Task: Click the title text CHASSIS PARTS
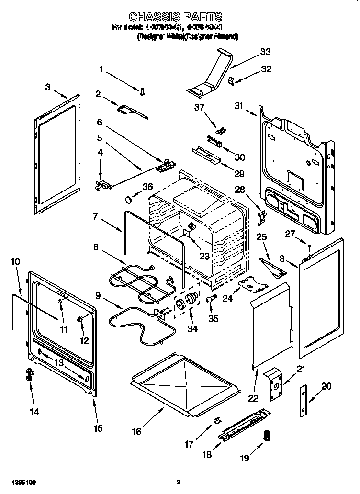[x=177, y=17]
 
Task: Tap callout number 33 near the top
[x=265, y=52]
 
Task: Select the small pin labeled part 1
[x=142, y=90]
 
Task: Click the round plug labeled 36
[x=129, y=199]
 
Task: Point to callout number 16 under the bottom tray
[x=137, y=431]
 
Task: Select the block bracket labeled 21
[x=273, y=383]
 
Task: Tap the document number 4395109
[x=22, y=482]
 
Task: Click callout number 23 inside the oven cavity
[x=204, y=256]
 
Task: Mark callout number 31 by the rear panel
[x=239, y=106]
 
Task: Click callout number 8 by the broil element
[x=96, y=247]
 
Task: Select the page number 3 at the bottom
[x=178, y=482]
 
